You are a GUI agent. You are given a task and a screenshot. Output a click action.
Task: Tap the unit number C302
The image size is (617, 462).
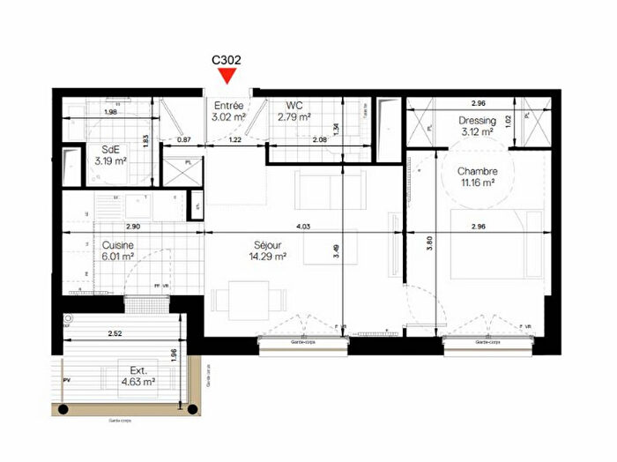[x=227, y=61]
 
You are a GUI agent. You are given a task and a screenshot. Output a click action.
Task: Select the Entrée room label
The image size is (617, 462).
[x=228, y=105]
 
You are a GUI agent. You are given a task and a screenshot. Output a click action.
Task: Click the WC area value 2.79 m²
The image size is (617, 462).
[x=294, y=115]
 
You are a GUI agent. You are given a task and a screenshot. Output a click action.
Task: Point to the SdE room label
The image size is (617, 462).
[x=110, y=149]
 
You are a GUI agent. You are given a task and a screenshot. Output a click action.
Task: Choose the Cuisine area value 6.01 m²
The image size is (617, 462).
[x=117, y=257]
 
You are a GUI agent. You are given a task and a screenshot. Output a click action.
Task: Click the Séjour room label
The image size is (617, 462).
[x=268, y=245]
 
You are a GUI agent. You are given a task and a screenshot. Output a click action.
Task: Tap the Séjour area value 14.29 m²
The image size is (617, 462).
[x=268, y=257]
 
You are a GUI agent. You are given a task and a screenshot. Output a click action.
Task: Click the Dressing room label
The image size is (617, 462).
[x=477, y=121]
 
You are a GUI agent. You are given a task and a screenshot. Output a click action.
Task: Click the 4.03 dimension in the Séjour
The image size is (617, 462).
[x=302, y=227]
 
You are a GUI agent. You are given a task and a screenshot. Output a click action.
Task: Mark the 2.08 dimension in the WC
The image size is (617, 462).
[x=319, y=139]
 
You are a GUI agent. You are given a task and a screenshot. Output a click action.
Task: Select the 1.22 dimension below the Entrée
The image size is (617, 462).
[x=235, y=139]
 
